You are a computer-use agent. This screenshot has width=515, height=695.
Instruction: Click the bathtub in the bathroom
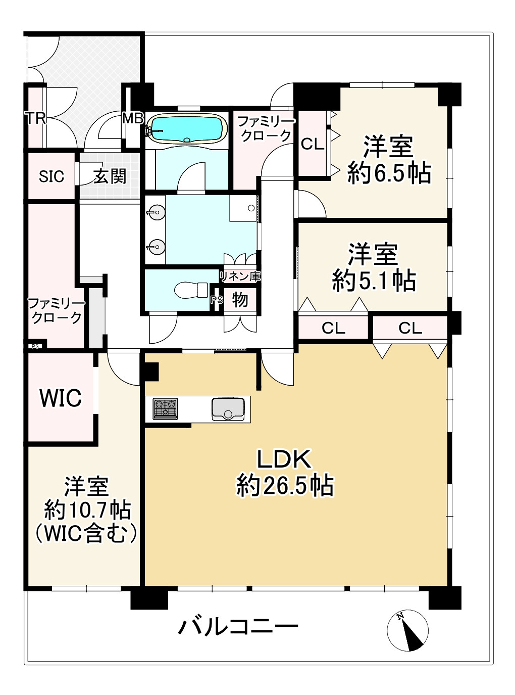(x=187, y=129)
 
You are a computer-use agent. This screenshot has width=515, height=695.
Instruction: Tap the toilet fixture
(x=191, y=290)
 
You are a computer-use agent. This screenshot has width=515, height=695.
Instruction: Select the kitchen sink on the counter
(x=228, y=408)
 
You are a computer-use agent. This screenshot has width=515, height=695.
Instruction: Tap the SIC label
(x=51, y=176)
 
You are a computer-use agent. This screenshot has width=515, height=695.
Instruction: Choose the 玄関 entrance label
(x=110, y=176)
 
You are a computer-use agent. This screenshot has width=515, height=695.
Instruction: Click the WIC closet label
(x=61, y=398)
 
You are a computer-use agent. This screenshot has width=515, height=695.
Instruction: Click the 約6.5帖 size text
(x=389, y=173)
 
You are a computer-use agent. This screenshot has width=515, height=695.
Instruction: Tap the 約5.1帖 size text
(x=374, y=281)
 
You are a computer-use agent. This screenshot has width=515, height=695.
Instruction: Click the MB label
(x=133, y=119)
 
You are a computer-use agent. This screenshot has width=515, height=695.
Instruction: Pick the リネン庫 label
(x=240, y=276)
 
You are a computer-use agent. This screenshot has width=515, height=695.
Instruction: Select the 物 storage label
(x=240, y=300)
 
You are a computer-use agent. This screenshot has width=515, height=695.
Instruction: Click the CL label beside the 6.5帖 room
(x=312, y=144)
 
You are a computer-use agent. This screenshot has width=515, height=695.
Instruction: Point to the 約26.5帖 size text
(x=285, y=486)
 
